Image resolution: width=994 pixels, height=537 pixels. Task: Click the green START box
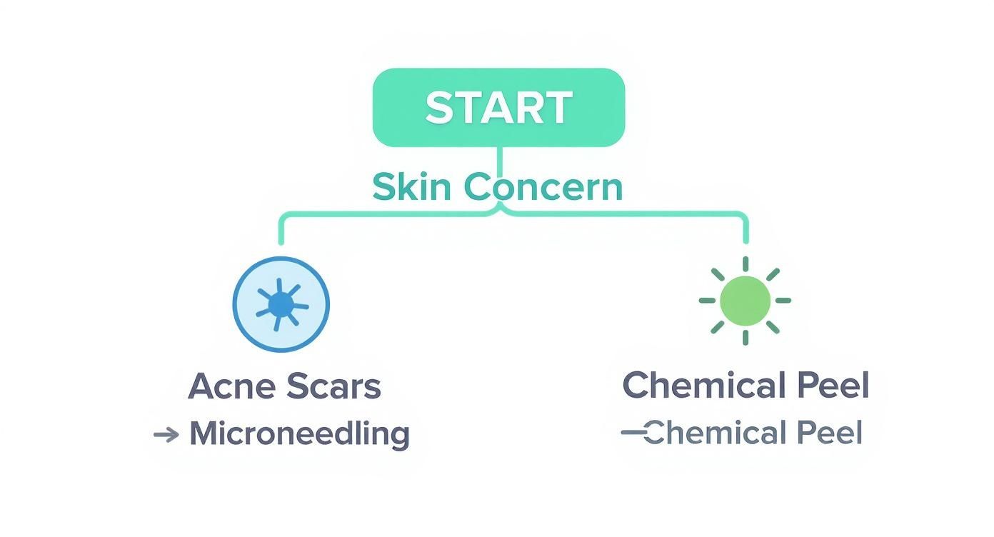[x=498, y=107]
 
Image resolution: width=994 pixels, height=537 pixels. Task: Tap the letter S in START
[x=441, y=108]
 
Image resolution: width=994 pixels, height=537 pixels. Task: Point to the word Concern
[x=543, y=187]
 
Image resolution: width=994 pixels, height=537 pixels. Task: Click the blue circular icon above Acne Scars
[x=281, y=305]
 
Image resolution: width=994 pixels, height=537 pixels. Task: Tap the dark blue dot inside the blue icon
[x=281, y=306]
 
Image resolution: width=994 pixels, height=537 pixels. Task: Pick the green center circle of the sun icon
[x=745, y=301]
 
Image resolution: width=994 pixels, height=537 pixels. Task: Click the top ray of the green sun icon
[x=745, y=265]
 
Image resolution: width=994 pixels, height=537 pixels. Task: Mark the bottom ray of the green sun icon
[x=745, y=337]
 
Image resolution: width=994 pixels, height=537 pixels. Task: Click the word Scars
[x=333, y=386]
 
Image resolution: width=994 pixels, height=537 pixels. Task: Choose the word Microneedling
[x=299, y=433]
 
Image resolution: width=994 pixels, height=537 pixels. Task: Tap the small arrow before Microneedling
[x=166, y=434]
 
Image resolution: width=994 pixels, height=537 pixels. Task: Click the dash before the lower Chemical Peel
[x=633, y=432]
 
